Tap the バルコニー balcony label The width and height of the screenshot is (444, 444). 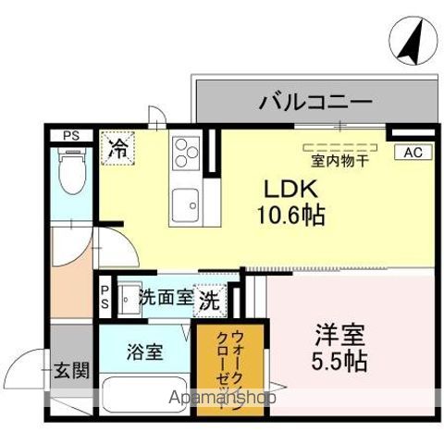click(314, 101)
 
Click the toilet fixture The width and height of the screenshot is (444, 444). click(70, 172)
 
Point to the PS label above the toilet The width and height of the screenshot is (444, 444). click(71, 136)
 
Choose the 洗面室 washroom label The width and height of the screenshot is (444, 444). click(166, 298)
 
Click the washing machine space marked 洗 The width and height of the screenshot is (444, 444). click(211, 300)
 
